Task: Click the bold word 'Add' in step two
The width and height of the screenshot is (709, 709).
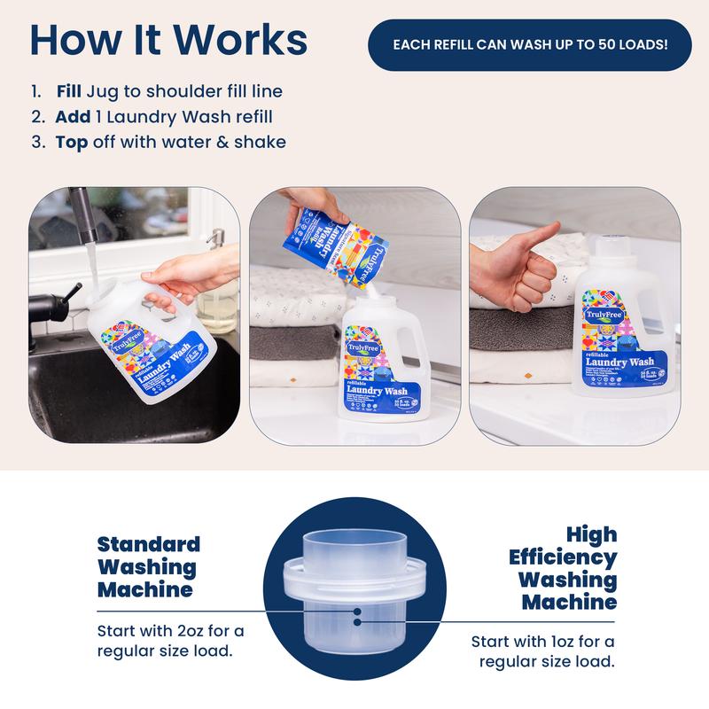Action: (73, 117)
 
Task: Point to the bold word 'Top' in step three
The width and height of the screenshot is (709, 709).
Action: (72, 142)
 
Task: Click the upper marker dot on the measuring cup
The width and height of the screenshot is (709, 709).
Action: (356, 611)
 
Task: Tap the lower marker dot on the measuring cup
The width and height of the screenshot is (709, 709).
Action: (356, 622)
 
